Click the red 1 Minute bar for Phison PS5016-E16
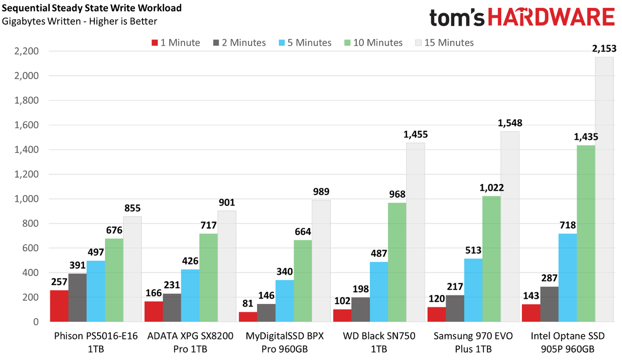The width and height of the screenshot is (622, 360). coord(59,306)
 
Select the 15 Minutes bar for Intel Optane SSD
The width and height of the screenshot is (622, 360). coord(604,189)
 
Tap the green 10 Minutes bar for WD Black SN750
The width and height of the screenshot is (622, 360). coord(397,262)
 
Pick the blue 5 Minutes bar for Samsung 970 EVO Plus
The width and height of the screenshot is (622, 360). coord(473,290)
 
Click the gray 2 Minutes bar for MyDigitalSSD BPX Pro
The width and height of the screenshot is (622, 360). coord(266,313)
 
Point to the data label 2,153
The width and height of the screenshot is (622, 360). coord(604,49)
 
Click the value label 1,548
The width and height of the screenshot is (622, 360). coord(510,123)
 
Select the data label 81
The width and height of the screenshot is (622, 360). coord(248,303)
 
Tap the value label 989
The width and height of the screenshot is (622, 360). coord(321,191)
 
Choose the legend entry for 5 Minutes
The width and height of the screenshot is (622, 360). coord(305,42)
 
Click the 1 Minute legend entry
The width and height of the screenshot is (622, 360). coord(176,42)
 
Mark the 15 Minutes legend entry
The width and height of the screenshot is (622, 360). coord(445,42)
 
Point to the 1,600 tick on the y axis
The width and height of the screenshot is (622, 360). coord(26,125)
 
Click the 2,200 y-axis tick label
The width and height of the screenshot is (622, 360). coord(26,51)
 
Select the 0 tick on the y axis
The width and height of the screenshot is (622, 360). coord(36,322)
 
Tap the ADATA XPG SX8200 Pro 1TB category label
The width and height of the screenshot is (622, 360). coord(190,342)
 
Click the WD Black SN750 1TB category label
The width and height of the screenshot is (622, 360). coord(379,342)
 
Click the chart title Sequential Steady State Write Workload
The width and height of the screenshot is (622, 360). coord(92,8)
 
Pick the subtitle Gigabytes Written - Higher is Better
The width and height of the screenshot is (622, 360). coord(79,21)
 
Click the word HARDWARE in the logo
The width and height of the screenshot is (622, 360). coord(552,17)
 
